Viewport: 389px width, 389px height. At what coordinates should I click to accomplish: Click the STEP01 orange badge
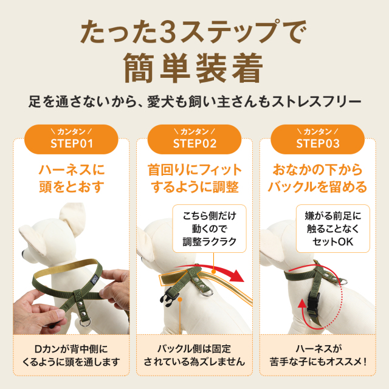71,139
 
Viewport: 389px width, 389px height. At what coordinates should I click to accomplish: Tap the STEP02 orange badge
194,139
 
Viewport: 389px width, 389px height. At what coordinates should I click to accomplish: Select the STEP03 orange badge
317,139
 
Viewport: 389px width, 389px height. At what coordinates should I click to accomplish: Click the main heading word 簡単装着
193,68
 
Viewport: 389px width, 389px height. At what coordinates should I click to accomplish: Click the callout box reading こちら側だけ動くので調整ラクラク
209,229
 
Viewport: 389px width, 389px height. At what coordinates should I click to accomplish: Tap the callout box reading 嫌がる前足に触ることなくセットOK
332,229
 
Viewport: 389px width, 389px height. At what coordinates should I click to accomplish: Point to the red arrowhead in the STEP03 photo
301,303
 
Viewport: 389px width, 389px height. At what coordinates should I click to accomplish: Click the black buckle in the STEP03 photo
314,305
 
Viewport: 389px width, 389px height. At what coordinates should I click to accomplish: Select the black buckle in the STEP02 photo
170,297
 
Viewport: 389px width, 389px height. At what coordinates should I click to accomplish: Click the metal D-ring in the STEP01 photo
85,323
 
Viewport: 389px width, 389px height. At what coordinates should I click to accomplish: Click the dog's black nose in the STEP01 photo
23,253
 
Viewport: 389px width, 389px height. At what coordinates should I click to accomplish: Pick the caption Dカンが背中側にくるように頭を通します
71,356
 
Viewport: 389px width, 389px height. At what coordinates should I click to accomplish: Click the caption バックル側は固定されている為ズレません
194,356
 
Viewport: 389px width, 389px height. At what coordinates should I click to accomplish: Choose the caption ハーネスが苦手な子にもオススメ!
318,356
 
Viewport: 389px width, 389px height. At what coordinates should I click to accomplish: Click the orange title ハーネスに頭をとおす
72,178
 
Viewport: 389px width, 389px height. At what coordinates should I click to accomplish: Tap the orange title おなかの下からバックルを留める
317,178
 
